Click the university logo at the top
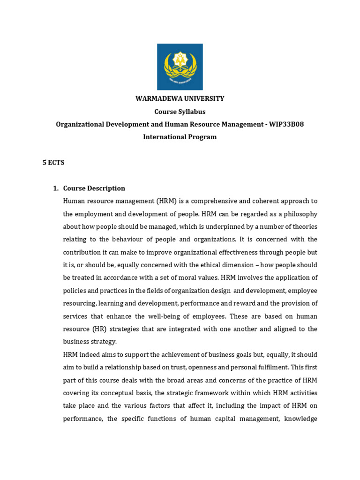click(180, 67)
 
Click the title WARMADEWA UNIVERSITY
click(180, 98)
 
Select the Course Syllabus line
click(180, 112)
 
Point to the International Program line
click(180, 137)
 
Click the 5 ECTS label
click(53, 163)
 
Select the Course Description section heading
click(94, 188)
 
